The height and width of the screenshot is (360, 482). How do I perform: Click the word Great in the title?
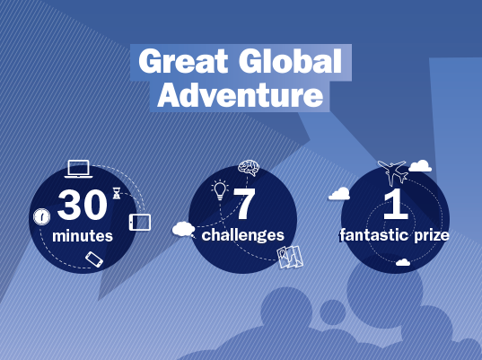point(183,61)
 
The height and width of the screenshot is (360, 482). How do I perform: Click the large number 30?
point(82,205)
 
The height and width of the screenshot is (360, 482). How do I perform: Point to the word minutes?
point(83,236)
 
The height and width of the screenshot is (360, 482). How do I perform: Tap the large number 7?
point(244,203)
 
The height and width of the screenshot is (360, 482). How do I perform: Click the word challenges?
point(243,235)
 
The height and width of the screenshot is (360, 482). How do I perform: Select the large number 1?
point(396,204)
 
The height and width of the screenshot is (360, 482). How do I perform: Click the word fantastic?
point(374,235)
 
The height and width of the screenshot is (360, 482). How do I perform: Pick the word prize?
point(431,236)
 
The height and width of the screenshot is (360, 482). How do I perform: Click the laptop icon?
point(78,169)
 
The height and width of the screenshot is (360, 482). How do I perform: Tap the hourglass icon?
point(117,193)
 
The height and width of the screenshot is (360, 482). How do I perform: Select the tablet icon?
point(140,222)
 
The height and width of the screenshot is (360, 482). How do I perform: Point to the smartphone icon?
point(94,259)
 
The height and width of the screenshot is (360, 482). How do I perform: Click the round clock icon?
point(41,216)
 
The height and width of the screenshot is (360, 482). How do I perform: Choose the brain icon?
point(249,168)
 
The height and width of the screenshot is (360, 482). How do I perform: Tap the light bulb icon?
point(220,190)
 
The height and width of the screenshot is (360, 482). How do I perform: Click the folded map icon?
point(290,257)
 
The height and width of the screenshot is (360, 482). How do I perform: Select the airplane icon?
point(393,172)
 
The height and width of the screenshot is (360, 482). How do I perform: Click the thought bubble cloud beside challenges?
point(184,230)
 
